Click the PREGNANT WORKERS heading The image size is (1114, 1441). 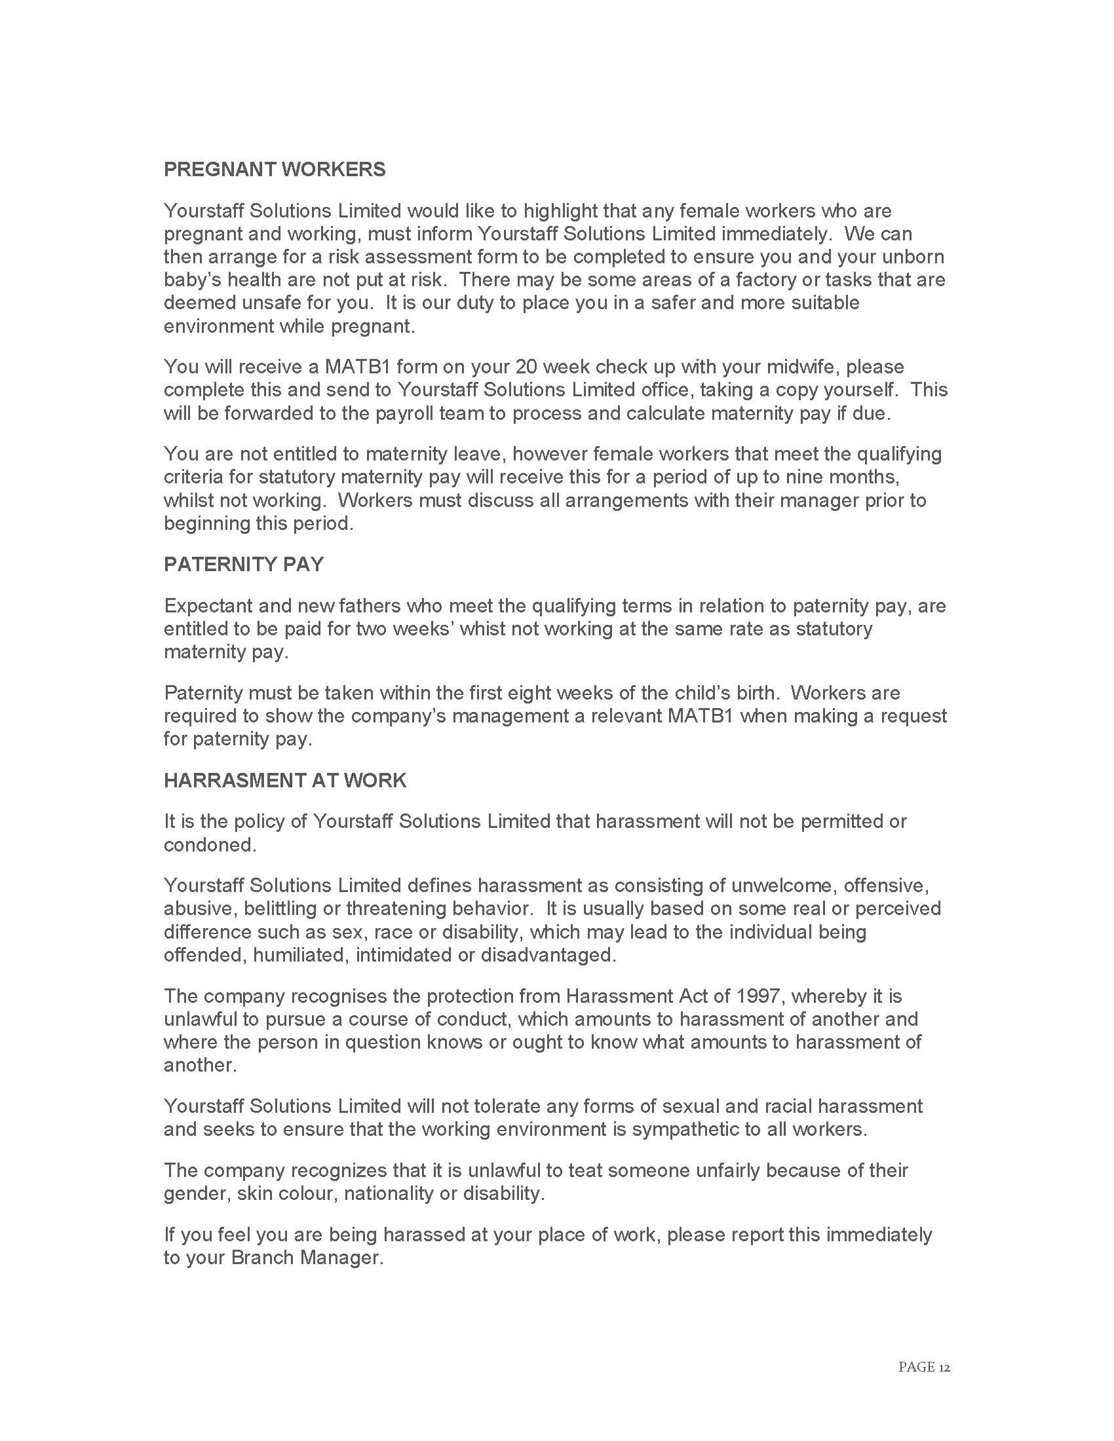[275, 170]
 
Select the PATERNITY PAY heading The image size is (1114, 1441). [244, 564]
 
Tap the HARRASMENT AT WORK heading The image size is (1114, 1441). [285, 780]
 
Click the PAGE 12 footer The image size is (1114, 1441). [923, 1366]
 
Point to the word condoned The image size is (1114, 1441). [209, 844]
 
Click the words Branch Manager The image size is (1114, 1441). [306, 1258]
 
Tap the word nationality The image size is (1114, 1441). [389, 1193]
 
